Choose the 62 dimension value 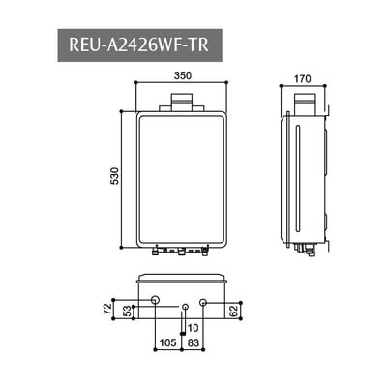(x=235, y=311)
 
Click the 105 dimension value (x=167, y=342)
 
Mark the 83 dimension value (x=193, y=342)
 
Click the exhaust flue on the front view (x=182, y=100)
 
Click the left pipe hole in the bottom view (x=155, y=304)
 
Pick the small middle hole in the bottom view (x=185, y=307)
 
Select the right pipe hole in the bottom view (x=201, y=304)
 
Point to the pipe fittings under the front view (x=181, y=253)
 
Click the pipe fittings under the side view (x=308, y=252)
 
